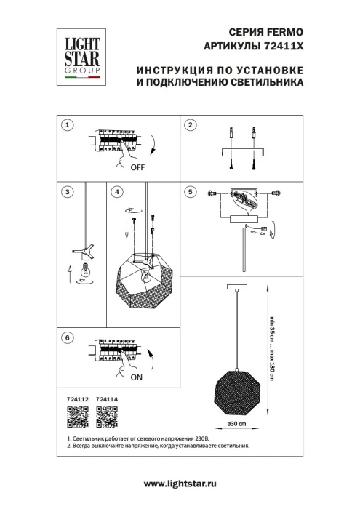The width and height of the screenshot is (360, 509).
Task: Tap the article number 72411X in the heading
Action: (282, 45)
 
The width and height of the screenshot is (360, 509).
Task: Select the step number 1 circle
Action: (67, 125)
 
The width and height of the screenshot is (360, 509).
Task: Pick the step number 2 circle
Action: (191, 125)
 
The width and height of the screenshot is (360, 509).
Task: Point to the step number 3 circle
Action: (67, 192)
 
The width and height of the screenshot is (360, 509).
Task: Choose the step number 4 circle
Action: (116, 192)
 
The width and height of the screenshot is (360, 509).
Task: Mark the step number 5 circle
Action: (191, 192)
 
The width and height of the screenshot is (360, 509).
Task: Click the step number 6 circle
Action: (67, 338)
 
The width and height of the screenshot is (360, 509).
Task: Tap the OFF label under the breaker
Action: (137, 167)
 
